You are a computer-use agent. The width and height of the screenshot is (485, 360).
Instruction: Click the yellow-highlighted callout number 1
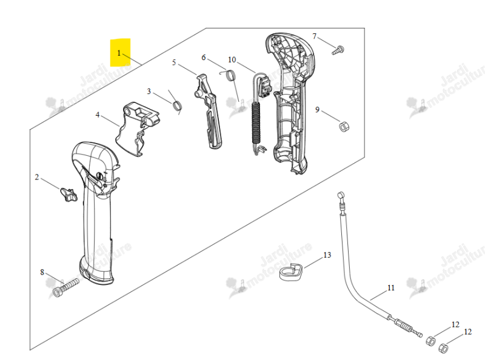tap(119, 53)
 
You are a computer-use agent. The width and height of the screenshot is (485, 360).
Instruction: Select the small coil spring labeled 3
tap(177, 105)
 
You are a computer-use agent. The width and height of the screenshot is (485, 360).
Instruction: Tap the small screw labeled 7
tap(338, 50)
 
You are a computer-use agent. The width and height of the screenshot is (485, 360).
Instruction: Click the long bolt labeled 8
tap(65, 288)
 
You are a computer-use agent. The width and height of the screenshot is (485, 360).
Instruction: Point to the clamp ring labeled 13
tap(291, 272)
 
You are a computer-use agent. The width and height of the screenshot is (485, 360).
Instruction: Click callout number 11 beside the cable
tap(391, 288)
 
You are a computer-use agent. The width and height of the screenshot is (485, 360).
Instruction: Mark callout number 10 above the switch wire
tap(232, 59)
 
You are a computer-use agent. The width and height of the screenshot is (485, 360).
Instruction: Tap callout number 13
tap(327, 255)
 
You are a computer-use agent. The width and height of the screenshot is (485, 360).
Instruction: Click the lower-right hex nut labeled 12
tap(444, 348)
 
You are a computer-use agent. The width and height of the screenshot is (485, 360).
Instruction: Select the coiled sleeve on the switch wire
tap(256, 123)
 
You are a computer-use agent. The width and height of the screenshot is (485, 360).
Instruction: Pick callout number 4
tap(98, 115)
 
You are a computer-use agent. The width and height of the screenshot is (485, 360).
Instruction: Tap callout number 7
tap(315, 36)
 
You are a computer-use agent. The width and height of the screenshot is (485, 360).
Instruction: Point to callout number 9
tap(317, 110)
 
